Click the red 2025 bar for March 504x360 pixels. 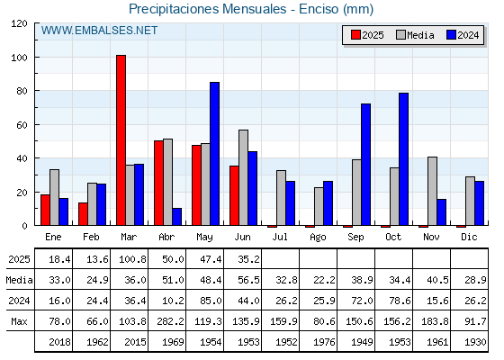(x=121, y=140)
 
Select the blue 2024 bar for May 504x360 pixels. (x=215, y=154)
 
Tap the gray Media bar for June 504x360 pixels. (x=243, y=177)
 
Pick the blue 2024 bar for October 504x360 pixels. (x=404, y=159)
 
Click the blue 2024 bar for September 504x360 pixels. (x=365, y=164)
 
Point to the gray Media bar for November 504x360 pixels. (x=432, y=191)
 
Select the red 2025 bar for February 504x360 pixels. (x=83, y=214)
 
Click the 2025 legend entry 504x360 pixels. (x=367, y=35)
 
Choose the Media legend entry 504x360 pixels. (x=415, y=35)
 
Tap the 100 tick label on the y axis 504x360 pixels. (x=20, y=58)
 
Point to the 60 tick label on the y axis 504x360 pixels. (x=22, y=125)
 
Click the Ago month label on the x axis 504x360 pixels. (x=318, y=238)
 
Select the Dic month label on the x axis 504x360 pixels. (x=469, y=237)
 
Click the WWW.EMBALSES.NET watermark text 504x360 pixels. (x=99, y=31)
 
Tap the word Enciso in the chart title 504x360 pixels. (x=319, y=9)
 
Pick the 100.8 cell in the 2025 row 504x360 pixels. (x=133, y=259)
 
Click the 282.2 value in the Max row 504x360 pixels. (x=170, y=321)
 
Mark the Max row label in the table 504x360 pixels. (x=19, y=321)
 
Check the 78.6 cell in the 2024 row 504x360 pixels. (x=400, y=301)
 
